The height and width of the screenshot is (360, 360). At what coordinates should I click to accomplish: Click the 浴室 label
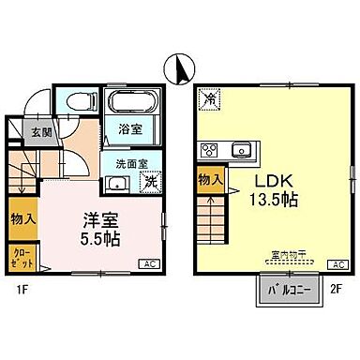click(131, 131)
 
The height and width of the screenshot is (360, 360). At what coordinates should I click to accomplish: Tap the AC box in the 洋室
click(148, 264)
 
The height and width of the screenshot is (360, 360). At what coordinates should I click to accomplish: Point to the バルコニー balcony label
click(282, 290)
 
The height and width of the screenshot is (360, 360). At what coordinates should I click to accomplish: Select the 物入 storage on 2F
click(208, 178)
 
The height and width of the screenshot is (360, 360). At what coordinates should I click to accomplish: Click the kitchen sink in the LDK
click(242, 148)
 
